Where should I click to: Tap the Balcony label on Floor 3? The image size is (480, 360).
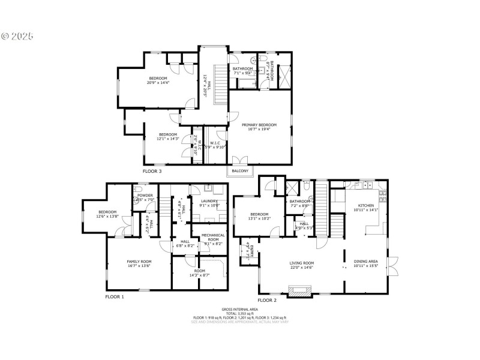pyautogui.click(x=240, y=171)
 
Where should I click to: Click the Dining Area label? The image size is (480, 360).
pyautogui.click(x=365, y=262)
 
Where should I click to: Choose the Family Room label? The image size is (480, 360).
pyautogui.click(x=139, y=262)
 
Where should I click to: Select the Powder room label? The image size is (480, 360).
pyautogui.click(x=145, y=196)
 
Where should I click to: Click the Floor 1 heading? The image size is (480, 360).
pyautogui.click(x=115, y=297)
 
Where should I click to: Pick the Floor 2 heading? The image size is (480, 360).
pyautogui.click(x=267, y=299)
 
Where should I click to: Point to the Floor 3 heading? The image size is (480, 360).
pyautogui.click(x=152, y=172)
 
